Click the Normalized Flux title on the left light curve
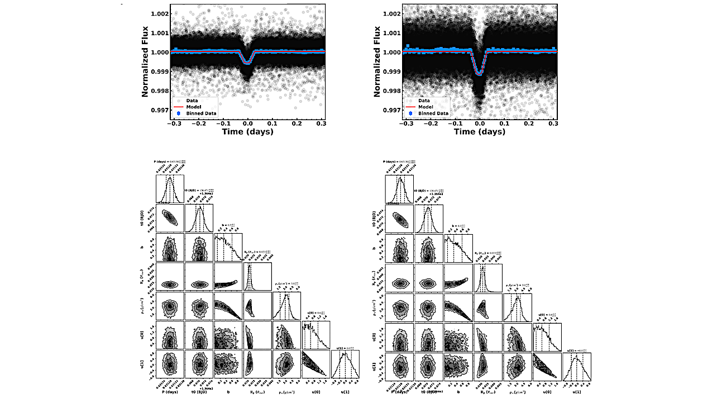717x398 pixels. (x=145, y=60)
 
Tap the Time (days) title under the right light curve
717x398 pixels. (x=479, y=132)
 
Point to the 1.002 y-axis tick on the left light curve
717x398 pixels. (x=159, y=13)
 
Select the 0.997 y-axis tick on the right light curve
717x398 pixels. (x=391, y=110)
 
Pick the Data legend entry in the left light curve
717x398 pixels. (x=192, y=100)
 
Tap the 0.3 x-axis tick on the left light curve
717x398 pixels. (x=321, y=124)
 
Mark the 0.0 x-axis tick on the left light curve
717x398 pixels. (x=248, y=124)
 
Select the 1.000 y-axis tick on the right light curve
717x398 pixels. (x=391, y=52)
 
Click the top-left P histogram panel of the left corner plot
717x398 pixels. (x=170, y=188)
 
